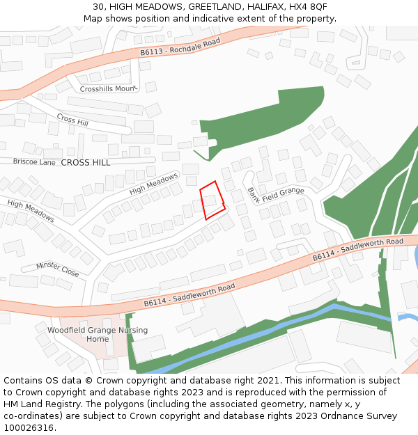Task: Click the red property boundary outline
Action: (x=212, y=200)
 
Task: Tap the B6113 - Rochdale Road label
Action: (x=180, y=47)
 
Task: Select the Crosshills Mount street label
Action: (x=106, y=89)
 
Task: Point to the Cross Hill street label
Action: (x=72, y=120)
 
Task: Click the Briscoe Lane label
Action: (x=34, y=161)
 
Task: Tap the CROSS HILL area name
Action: (x=86, y=162)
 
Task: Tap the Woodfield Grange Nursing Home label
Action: (x=98, y=334)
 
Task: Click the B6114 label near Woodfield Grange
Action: (x=189, y=294)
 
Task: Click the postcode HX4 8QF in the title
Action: (x=308, y=6)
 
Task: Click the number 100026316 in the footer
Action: (x=29, y=428)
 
